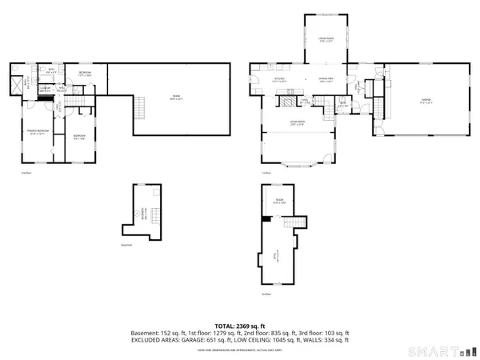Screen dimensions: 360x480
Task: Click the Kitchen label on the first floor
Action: point(279,79)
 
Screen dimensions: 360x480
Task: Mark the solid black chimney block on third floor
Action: point(266,218)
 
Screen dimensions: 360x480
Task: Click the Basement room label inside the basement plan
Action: point(144,213)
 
